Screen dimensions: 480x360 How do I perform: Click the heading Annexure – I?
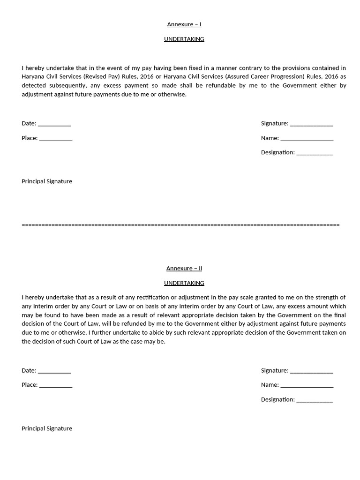(184, 24)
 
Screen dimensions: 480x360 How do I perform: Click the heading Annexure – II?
(184, 268)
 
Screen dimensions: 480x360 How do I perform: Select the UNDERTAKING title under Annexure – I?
(184, 39)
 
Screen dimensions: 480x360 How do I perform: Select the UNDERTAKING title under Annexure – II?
(184, 283)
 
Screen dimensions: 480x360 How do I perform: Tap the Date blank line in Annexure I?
(54, 124)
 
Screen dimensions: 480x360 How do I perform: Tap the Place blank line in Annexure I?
(56, 139)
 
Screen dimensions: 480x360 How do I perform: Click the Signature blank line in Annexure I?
(311, 124)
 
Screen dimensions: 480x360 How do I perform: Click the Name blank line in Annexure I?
(307, 139)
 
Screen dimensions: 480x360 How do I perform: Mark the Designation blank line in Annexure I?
(315, 153)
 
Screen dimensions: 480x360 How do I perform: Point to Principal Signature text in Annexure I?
(47, 181)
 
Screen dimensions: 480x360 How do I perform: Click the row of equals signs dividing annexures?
(180, 225)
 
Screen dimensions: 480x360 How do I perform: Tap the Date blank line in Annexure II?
(54, 371)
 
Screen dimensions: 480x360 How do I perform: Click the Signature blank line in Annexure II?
(311, 371)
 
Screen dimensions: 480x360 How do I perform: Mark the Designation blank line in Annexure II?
(315, 400)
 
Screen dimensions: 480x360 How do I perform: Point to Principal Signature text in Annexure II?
(47, 428)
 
